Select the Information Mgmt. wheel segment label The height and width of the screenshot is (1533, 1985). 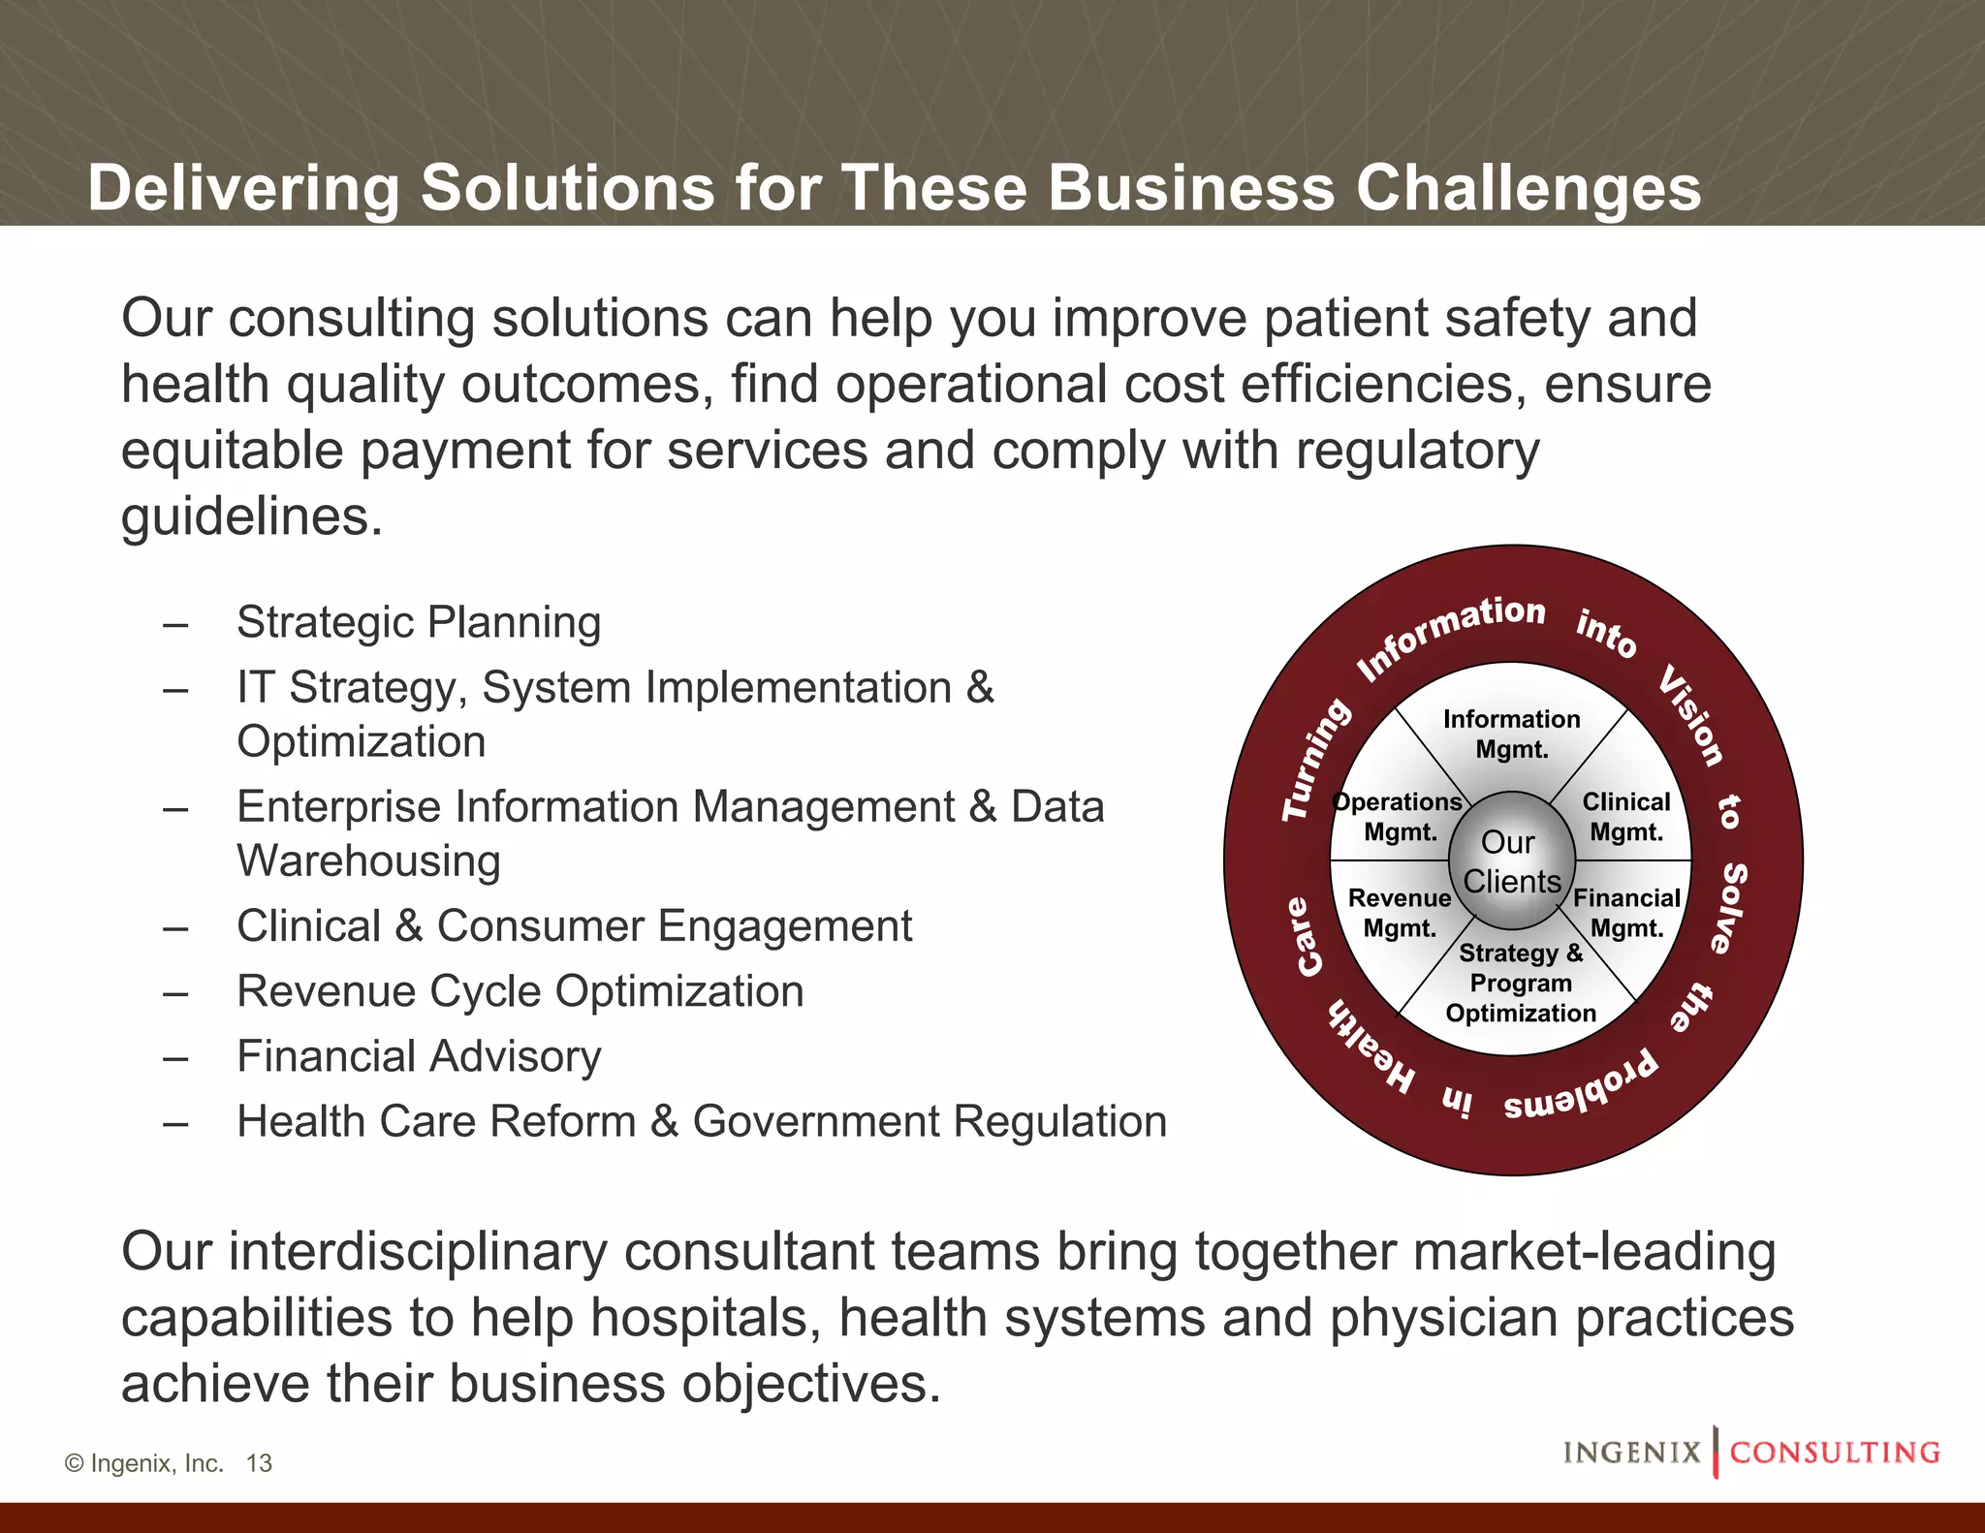[x=1511, y=734]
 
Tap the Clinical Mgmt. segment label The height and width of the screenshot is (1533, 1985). [x=1625, y=817]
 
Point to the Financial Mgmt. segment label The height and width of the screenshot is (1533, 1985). [x=1626, y=913]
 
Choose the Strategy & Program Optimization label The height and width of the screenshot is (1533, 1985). [x=1520, y=983]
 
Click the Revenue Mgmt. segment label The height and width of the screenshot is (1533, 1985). [x=1400, y=913]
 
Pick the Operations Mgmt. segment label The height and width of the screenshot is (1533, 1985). [x=1399, y=817]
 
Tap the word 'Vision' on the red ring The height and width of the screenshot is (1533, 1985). [x=1691, y=715]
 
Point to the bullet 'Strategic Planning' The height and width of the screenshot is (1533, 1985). [x=419, y=622]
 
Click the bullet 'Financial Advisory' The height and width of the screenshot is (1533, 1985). [x=419, y=1056]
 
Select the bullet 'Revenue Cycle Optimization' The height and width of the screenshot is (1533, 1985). [x=520, y=991]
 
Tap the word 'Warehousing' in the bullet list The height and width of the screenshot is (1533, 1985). [x=368, y=860]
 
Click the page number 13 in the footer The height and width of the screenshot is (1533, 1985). [x=259, y=1463]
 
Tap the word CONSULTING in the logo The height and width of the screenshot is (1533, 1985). [x=1835, y=1453]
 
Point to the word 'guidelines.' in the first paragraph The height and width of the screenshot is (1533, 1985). [x=252, y=516]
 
